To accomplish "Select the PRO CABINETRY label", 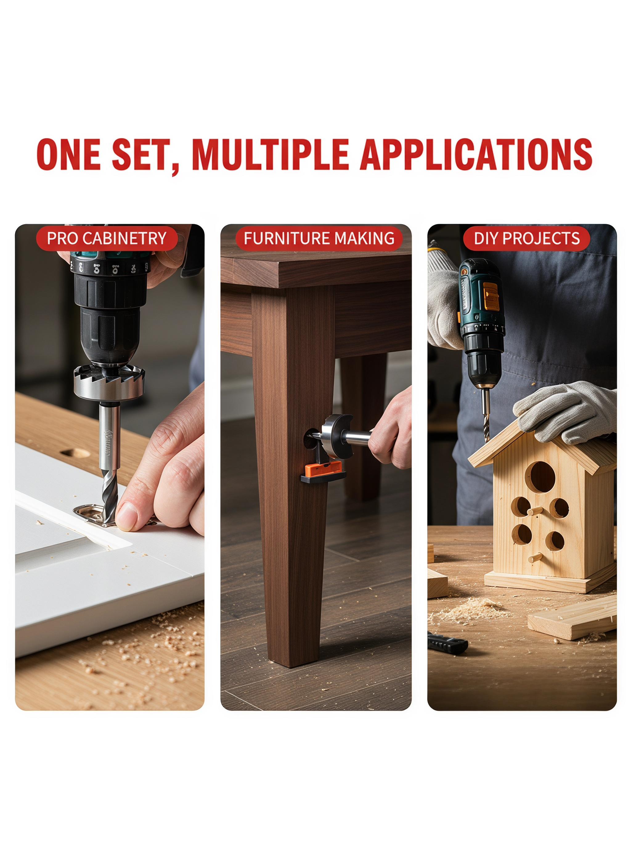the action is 107,238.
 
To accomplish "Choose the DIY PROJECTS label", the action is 527,238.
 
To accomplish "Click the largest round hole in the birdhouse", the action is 540,477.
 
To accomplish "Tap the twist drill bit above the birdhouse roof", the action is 486,415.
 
